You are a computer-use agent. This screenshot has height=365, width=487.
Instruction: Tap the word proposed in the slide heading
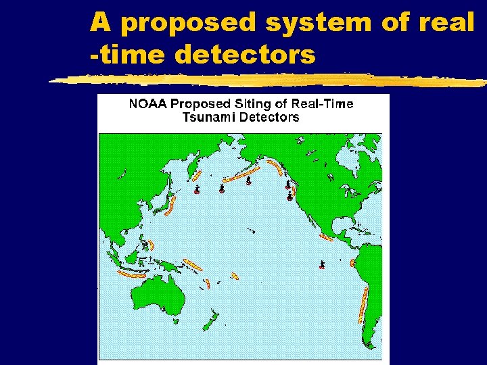pos(191,24)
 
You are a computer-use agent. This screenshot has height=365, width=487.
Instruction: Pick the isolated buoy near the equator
pos(322,264)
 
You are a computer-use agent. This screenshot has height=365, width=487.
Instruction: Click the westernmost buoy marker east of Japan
pos(197,190)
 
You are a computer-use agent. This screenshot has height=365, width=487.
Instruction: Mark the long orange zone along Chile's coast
pos(363,304)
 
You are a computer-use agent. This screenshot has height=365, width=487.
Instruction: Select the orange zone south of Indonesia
pos(132,274)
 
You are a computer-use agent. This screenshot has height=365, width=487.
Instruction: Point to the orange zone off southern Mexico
pos(327,237)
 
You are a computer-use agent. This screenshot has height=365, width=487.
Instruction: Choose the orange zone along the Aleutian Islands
pos(237,175)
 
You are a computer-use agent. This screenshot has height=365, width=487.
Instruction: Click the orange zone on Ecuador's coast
pos(352,264)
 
